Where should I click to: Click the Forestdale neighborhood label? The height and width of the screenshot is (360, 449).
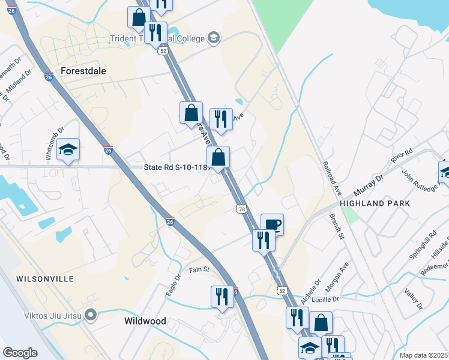tap(83, 71)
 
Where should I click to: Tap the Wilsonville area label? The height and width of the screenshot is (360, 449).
tap(45, 279)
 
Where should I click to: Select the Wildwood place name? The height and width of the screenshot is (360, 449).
tap(145, 321)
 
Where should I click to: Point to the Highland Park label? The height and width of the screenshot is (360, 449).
tap(375, 203)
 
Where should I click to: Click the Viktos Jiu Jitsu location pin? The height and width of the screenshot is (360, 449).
tap(91, 314)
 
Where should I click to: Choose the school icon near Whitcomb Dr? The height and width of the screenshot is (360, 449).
tap(68, 151)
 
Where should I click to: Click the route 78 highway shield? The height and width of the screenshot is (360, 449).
tap(241, 208)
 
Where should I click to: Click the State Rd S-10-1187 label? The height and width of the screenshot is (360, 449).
tap(176, 169)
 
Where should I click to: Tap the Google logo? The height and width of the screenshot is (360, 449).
tap(20, 353)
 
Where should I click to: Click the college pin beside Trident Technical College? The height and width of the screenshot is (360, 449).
tap(212, 38)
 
